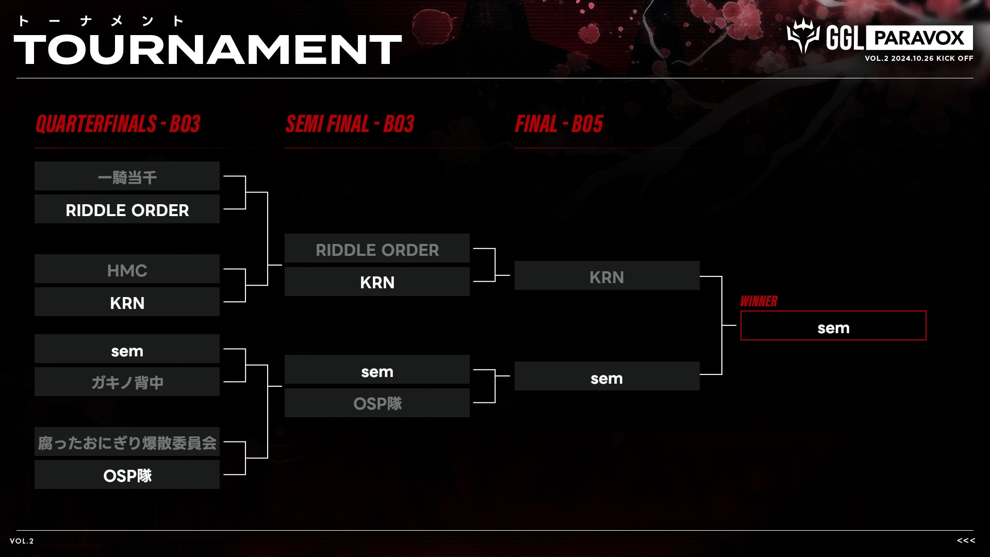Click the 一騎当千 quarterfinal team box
(127, 176)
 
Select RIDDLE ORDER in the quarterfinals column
(127, 209)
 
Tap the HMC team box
(127, 269)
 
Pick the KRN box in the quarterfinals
(127, 302)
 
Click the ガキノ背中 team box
(127, 382)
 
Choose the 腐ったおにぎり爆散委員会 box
(127, 442)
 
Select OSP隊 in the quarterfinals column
(127, 475)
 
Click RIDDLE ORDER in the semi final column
(377, 249)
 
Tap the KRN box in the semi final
(377, 282)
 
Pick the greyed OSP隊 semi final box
(377, 403)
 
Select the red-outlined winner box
(833, 326)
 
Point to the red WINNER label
(758, 302)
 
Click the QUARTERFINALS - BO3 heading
(118, 124)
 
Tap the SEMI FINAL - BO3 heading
(350, 124)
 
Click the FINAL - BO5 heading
(559, 124)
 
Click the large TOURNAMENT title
(207, 50)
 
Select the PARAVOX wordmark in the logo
(919, 38)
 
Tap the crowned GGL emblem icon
(802, 36)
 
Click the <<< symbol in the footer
(966, 540)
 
